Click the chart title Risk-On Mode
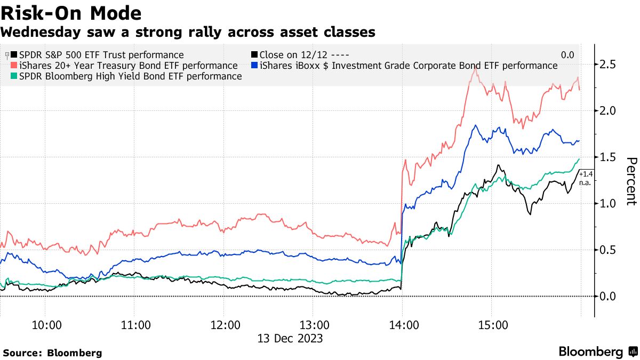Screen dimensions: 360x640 (x=71, y=13)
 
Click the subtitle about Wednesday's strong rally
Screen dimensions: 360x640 (x=188, y=33)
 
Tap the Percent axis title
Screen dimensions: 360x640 (x=631, y=181)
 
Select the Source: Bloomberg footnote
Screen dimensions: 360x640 (x=52, y=353)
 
